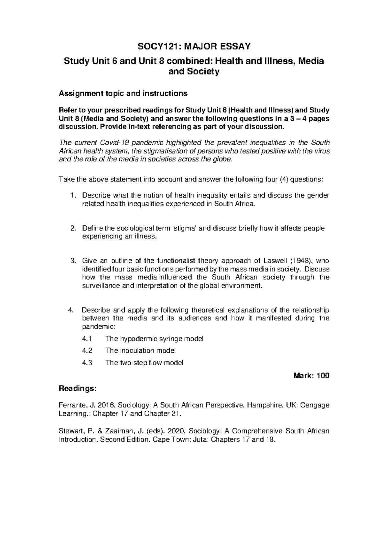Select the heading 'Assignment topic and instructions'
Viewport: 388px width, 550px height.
tap(123, 94)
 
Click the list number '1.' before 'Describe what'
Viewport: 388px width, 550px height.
tap(74, 195)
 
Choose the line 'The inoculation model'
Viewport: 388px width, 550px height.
tap(141, 350)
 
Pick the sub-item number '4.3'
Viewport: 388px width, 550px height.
tap(87, 363)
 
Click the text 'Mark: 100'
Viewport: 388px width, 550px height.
tap(311, 376)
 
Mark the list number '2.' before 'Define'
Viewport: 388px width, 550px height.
tap(73, 228)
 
